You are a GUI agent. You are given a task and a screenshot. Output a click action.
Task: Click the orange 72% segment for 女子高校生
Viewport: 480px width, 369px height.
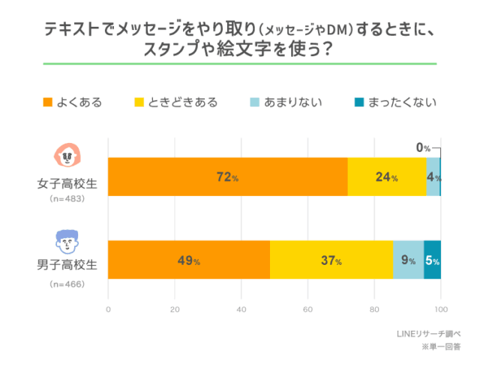point(228,177)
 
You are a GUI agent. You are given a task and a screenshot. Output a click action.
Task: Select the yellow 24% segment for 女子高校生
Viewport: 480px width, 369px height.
point(387,177)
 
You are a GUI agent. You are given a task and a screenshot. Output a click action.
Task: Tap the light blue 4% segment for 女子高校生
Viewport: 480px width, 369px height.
point(433,177)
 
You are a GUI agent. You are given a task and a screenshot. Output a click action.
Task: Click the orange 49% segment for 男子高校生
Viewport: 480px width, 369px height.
point(189,260)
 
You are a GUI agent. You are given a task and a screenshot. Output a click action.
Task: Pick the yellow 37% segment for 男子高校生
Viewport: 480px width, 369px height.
point(331,260)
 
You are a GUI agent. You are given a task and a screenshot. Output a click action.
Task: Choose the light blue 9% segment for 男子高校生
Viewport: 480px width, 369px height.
point(408,260)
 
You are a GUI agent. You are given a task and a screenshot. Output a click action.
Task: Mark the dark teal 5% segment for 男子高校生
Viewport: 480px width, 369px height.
point(432,260)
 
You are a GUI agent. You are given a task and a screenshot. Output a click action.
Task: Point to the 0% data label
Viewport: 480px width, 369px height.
point(424,147)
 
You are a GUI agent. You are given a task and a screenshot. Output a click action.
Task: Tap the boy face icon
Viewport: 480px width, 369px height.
point(66,240)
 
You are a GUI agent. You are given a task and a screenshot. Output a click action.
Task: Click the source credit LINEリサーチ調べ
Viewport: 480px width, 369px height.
point(429,334)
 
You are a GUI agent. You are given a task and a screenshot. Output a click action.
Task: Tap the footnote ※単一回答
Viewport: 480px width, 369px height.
point(440,347)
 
